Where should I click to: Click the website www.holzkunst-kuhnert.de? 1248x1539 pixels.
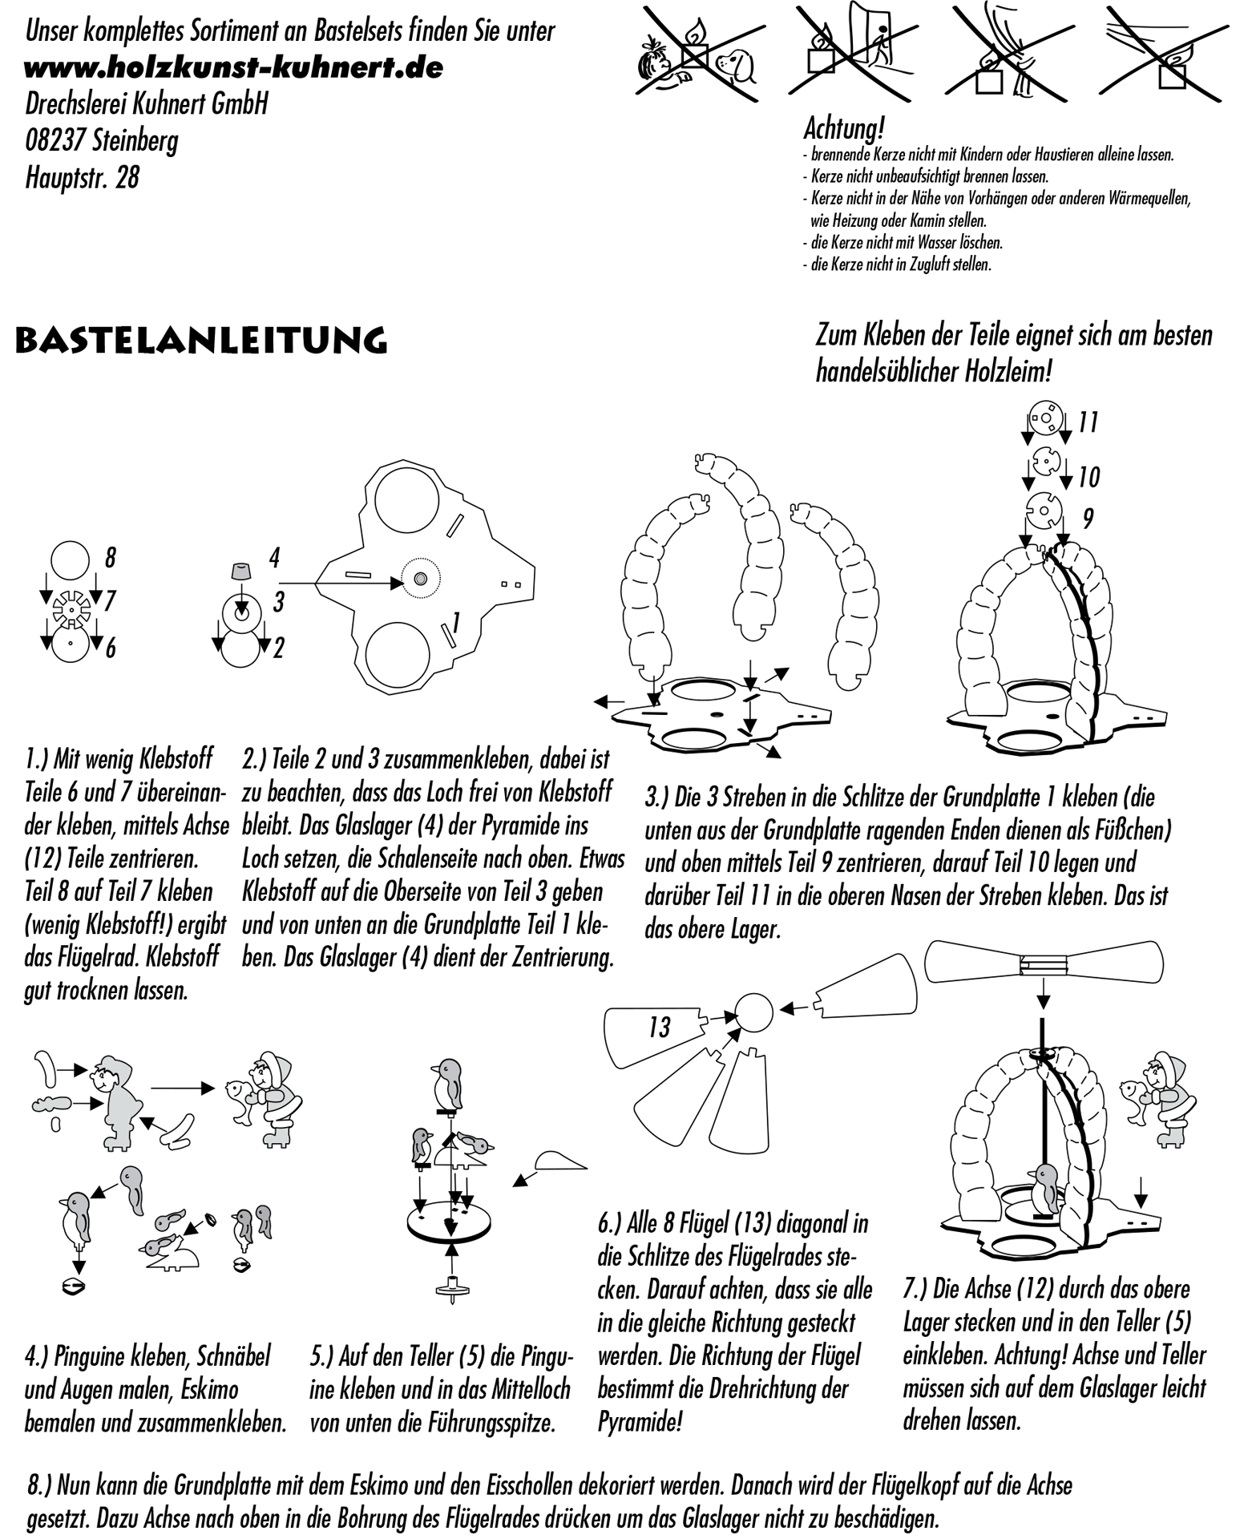tap(233, 67)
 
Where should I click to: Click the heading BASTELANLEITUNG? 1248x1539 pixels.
tap(201, 340)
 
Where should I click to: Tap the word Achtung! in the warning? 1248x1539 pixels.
tap(843, 129)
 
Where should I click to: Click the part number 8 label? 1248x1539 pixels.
tap(111, 556)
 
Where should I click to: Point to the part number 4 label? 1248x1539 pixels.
tap(274, 557)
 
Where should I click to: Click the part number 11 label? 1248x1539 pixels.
tap(1087, 422)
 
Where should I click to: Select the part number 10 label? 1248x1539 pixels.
tap(1088, 477)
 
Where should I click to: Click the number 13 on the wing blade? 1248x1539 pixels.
tap(659, 1028)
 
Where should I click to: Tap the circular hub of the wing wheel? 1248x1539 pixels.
tap(754, 1012)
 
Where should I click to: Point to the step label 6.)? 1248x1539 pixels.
tap(612, 1224)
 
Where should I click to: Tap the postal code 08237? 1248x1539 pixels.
tap(55, 141)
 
